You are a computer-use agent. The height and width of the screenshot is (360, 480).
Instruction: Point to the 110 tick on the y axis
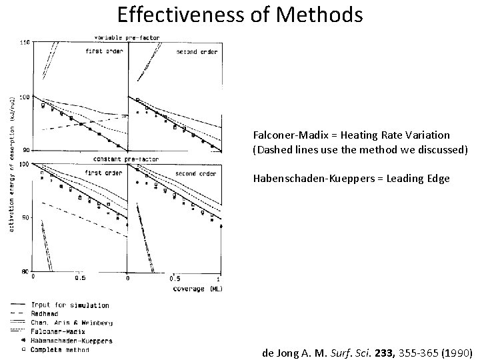(25, 42)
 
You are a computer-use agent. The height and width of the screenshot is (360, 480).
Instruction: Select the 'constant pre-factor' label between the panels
(117, 160)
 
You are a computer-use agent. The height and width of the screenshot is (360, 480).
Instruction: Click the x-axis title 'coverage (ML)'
(197, 289)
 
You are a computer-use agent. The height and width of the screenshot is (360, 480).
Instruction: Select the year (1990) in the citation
(457, 352)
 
